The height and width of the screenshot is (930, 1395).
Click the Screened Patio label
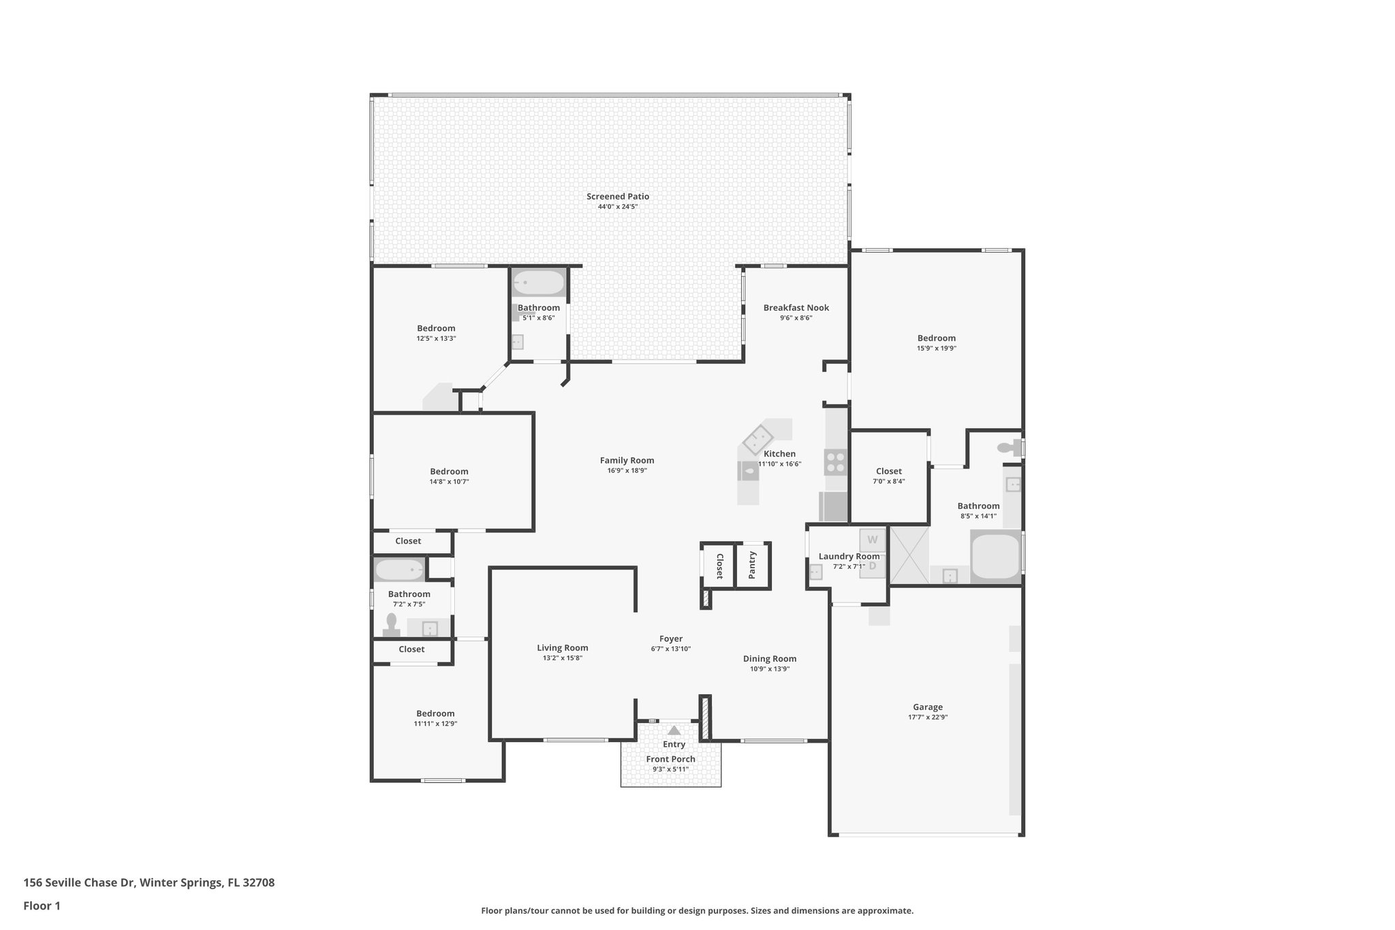coord(617,196)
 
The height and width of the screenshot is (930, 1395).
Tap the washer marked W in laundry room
coord(872,540)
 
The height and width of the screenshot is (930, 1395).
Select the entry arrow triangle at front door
coord(674,730)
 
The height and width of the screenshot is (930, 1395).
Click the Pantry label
coord(752,565)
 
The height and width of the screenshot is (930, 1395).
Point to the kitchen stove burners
coord(835,463)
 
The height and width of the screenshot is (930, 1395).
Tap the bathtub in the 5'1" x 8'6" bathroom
coord(538,283)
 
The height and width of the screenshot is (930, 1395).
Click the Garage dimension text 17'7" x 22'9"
coord(927,717)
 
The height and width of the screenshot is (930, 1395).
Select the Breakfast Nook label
coord(796,307)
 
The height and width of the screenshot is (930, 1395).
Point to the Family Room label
coord(627,460)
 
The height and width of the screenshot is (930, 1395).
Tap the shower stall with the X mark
coord(909,555)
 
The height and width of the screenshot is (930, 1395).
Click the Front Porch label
coord(670,759)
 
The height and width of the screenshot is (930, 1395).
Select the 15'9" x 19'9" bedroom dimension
coord(936,348)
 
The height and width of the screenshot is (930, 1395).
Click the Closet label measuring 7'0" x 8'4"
coord(888,471)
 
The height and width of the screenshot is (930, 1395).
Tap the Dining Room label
coord(769,658)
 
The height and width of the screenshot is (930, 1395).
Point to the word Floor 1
coord(42,905)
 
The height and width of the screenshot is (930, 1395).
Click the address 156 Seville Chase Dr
coord(80,882)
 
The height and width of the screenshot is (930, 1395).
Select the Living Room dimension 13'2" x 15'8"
coord(562,658)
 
